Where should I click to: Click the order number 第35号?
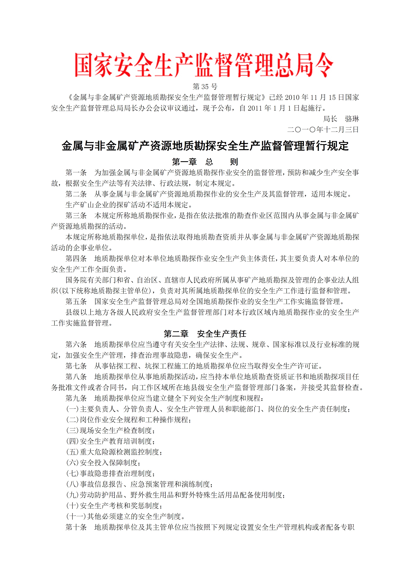(x=205, y=87)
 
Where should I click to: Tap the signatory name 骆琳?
(x=352, y=119)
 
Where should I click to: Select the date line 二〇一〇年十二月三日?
(x=323, y=130)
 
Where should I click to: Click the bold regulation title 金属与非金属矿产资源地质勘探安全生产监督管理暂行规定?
(x=205, y=146)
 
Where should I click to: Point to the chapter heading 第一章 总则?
(x=205, y=162)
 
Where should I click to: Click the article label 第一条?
(x=76, y=173)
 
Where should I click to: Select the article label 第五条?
(x=76, y=302)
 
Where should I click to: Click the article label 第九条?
(x=76, y=398)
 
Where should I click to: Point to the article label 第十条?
(x=76, y=527)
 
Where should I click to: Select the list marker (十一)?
(x=76, y=516)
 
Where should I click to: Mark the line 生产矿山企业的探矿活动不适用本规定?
(x=129, y=205)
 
